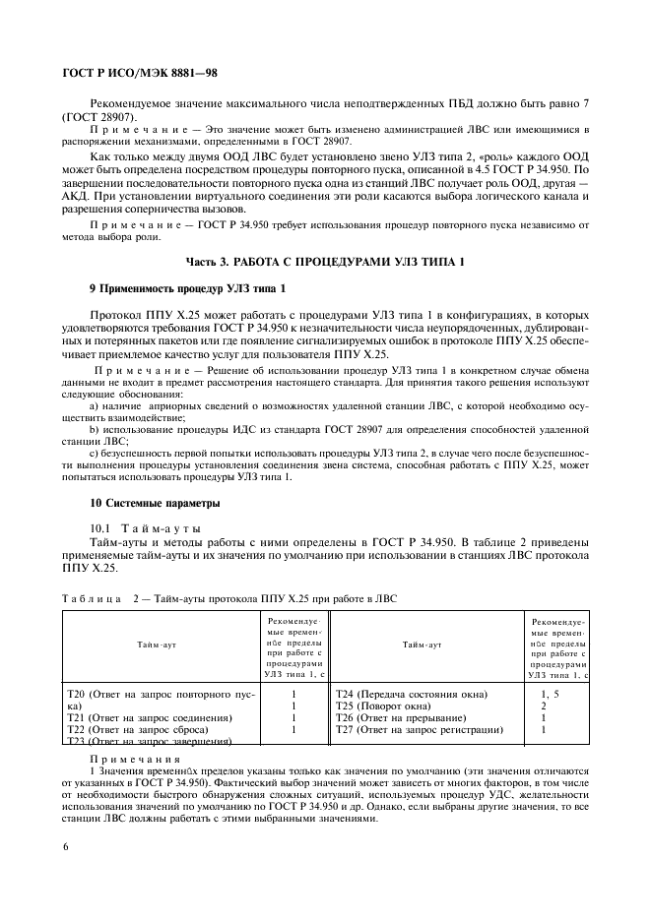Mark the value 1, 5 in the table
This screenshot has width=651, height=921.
pos(550,694)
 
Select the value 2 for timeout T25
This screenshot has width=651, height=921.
pos(544,706)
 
